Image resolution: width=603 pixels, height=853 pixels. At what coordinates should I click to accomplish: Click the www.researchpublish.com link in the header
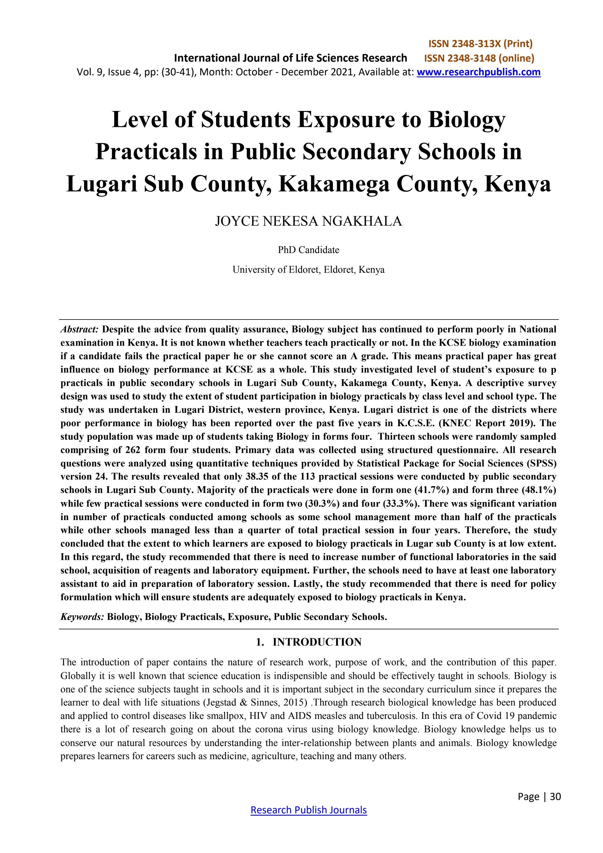479,72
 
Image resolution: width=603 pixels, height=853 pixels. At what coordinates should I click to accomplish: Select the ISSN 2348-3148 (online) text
479,58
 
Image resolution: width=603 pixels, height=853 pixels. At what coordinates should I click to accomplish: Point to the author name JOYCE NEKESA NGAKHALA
308,221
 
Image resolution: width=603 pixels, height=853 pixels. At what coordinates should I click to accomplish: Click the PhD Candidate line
308,250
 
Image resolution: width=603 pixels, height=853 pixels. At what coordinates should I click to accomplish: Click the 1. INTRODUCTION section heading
308,642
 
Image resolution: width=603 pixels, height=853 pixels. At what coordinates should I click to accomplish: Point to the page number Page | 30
539,796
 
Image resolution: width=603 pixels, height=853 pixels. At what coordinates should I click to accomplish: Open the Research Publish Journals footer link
308,810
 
